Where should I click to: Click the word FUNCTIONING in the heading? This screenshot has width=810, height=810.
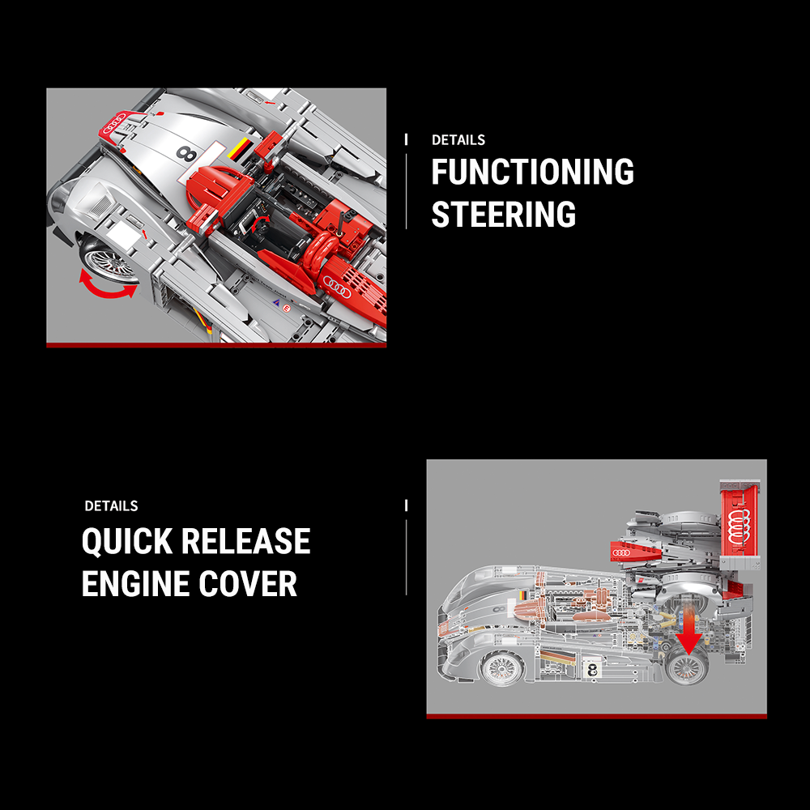pyautogui.click(x=532, y=173)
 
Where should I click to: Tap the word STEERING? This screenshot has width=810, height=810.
pyautogui.click(x=503, y=215)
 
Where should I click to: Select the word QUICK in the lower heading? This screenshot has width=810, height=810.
pyautogui.click(x=127, y=542)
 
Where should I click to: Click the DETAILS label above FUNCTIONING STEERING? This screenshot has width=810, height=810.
pyautogui.click(x=458, y=140)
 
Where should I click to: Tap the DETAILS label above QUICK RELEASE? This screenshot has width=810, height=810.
pyautogui.click(x=111, y=506)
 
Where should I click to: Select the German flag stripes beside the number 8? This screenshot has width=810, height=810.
pyautogui.click(x=241, y=151)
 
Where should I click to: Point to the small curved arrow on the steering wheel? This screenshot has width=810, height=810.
pyautogui.click(x=261, y=223)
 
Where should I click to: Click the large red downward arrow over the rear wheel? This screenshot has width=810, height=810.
pyautogui.click(x=688, y=637)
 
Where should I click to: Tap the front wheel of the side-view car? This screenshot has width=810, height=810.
pyautogui.click(x=500, y=668)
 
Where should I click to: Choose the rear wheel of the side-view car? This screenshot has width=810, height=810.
pyautogui.click(x=687, y=668)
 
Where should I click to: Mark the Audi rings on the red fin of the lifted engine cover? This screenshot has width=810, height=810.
pyautogui.click(x=625, y=552)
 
